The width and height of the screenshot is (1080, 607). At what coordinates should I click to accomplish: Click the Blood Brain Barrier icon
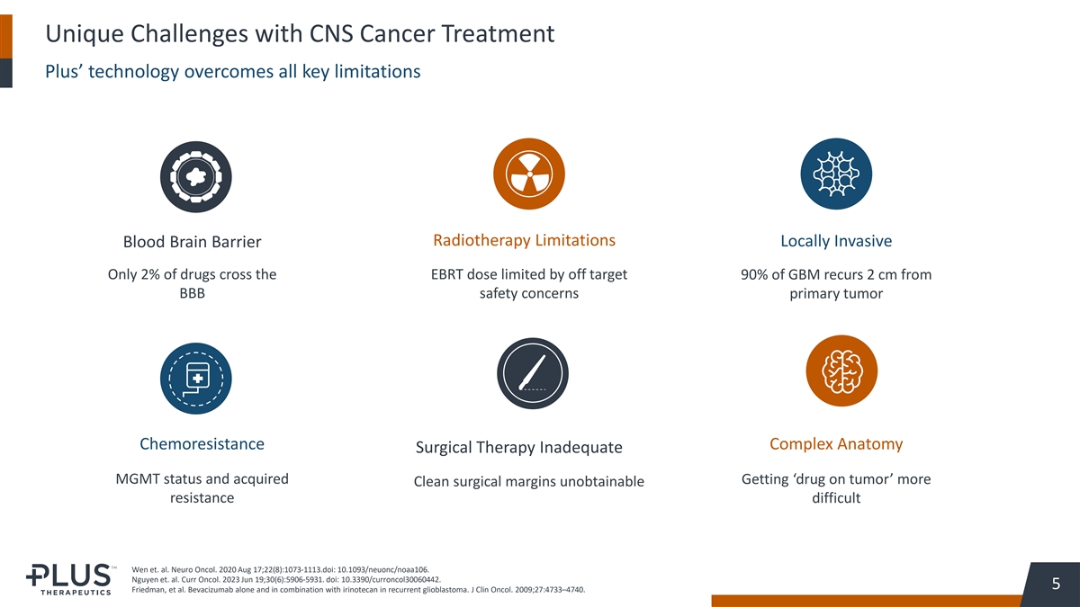click(x=196, y=177)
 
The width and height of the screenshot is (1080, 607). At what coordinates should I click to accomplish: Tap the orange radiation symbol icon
click(x=529, y=174)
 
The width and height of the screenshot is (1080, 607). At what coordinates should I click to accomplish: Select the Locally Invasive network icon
click(x=836, y=174)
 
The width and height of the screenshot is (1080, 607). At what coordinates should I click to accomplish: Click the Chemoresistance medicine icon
click(x=196, y=379)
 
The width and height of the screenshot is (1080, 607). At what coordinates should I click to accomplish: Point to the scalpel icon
click(x=533, y=373)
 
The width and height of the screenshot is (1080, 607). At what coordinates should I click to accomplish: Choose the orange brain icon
click(x=841, y=370)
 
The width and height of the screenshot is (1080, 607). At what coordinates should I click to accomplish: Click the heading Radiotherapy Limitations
click(x=524, y=240)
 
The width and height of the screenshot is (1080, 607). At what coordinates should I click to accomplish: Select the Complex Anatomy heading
click(x=836, y=443)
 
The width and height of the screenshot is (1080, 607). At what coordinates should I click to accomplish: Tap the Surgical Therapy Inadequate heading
click(x=518, y=448)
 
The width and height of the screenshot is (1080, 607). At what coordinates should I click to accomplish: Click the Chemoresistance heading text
click(x=202, y=443)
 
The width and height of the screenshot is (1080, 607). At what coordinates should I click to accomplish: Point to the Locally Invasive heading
click(x=836, y=241)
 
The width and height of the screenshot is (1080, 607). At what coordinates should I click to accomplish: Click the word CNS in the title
click(x=331, y=34)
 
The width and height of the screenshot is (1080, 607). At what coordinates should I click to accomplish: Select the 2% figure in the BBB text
click(x=150, y=274)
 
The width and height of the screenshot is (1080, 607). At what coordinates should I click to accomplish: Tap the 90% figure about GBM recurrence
click(x=753, y=274)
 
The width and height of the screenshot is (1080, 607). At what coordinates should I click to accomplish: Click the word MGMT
click(x=138, y=478)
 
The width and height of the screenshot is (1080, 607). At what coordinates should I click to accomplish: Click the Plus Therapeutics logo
click(x=71, y=579)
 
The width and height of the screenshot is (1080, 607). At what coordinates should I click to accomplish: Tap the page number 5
click(x=1056, y=584)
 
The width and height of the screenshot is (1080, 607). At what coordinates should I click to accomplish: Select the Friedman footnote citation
click(x=358, y=590)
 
